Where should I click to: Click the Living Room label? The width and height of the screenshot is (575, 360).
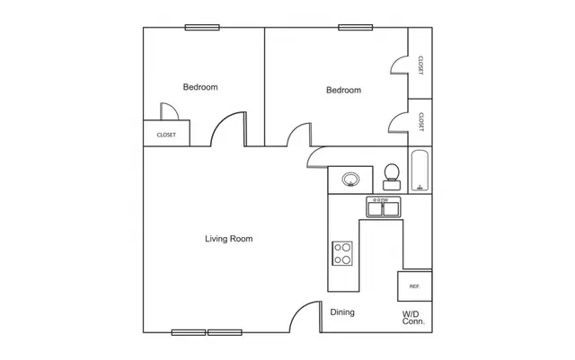pyautogui.click(x=229, y=239)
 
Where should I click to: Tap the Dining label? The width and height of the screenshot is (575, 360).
pyautogui.click(x=342, y=312)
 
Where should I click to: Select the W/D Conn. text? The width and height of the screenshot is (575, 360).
pyautogui.click(x=413, y=318)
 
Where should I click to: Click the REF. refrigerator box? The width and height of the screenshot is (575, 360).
pyautogui.click(x=415, y=286)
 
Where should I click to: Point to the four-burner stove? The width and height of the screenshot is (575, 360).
pyautogui.click(x=342, y=253)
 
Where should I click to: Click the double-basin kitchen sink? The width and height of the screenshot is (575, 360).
pyautogui.click(x=384, y=207)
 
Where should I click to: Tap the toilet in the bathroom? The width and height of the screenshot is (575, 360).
pyautogui.click(x=392, y=177)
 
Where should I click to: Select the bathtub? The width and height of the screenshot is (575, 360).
pyautogui.click(x=420, y=171)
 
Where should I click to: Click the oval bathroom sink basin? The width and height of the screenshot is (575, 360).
pyautogui.click(x=350, y=180)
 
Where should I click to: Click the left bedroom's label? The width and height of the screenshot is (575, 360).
pyautogui.click(x=200, y=87)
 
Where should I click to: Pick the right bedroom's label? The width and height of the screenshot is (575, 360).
pyautogui.click(x=343, y=90)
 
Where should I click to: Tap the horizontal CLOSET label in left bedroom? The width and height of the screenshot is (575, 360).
pyautogui.click(x=166, y=135)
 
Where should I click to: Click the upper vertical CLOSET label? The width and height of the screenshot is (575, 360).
pyautogui.click(x=420, y=66)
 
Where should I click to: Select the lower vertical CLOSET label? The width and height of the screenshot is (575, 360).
pyautogui.click(x=420, y=122)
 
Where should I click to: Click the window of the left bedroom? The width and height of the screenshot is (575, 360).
pyautogui.click(x=202, y=28)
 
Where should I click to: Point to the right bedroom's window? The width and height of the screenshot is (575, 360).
pyautogui.click(x=356, y=28)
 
